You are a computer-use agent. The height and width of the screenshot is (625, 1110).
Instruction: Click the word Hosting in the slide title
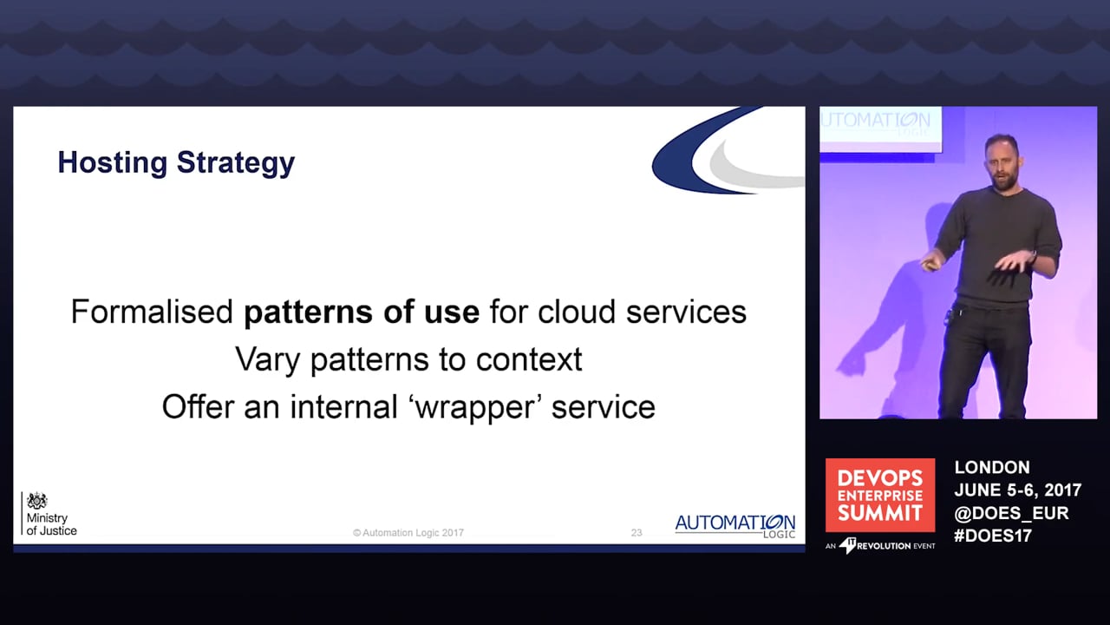tap(113, 162)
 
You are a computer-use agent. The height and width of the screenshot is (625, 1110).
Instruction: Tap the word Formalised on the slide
tap(152, 312)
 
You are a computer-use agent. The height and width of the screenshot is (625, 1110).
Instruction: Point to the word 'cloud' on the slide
tap(577, 312)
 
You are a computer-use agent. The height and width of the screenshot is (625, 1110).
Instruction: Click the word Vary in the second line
tap(267, 360)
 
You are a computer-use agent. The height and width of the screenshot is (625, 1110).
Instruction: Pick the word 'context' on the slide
tap(529, 360)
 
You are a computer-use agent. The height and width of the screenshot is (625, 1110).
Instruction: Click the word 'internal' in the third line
tap(344, 407)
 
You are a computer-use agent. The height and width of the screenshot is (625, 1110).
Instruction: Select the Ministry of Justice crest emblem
tap(37, 501)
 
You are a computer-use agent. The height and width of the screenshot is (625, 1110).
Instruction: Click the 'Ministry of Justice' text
tap(51, 524)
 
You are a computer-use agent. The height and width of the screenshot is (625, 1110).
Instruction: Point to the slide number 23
tap(637, 533)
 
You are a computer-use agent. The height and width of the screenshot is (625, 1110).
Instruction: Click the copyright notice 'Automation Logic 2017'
tap(408, 533)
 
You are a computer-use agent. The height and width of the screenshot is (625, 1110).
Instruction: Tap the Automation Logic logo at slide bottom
tap(735, 526)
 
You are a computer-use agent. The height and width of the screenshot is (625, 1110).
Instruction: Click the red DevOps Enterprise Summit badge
tap(880, 495)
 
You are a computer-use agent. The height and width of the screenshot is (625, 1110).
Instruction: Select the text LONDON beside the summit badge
tap(992, 467)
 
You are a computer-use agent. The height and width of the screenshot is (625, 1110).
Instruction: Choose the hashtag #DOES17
tap(993, 536)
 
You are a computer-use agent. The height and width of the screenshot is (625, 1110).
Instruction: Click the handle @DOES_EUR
tap(1011, 513)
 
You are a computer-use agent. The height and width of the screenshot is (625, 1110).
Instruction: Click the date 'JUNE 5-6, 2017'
tap(1018, 490)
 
